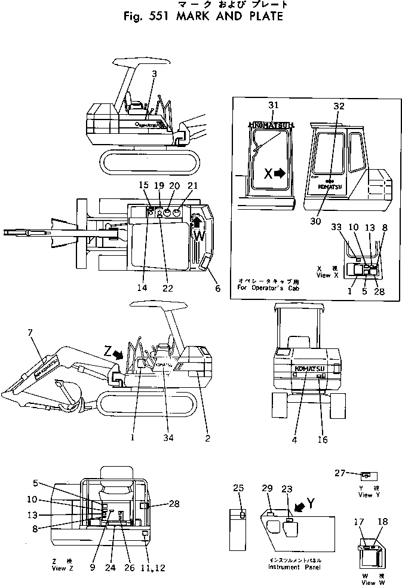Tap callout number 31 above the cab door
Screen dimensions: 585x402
[273, 106]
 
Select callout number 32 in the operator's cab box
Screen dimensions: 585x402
[339, 106]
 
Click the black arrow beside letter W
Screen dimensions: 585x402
[197, 223]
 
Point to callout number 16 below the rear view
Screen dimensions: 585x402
[323, 440]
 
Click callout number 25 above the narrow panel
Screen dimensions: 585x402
[239, 489]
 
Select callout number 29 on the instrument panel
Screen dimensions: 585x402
[267, 489]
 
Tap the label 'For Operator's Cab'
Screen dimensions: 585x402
[266, 288]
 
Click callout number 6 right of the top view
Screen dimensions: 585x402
[217, 289]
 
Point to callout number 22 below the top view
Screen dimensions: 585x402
[168, 287]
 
